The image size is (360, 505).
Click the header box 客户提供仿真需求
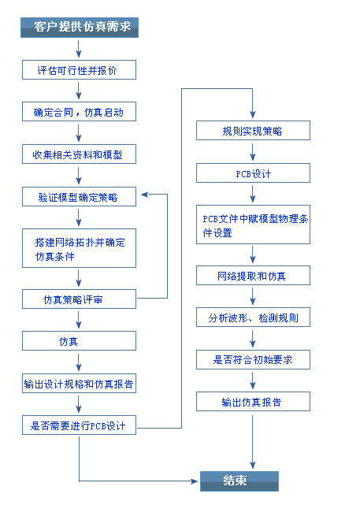(x=80, y=28)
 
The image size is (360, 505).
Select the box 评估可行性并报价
(x=79, y=70)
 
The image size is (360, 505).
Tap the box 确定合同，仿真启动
(x=79, y=113)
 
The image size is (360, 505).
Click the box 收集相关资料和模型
(x=79, y=154)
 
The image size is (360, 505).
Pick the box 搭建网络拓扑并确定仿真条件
(x=79, y=248)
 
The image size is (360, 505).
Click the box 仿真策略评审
(x=79, y=299)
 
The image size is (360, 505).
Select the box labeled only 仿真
(x=79, y=342)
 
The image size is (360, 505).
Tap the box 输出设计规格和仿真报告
(x=79, y=384)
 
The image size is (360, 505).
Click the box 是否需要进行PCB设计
(x=79, y=427)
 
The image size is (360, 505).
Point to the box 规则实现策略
(x=253, y=131)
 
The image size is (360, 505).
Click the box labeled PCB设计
(x=253, y=173)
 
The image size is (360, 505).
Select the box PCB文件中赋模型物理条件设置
(x=253, y=225)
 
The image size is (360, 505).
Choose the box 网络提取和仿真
(x=253, y=275)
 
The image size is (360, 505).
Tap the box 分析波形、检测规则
(x=253, y=317)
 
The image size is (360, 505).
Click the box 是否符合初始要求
(x=253, y=360)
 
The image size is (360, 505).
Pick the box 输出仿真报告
(x=253, y=402)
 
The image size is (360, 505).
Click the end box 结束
(x=239, y=481)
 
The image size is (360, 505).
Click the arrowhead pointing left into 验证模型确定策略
(x=143, y=194)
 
